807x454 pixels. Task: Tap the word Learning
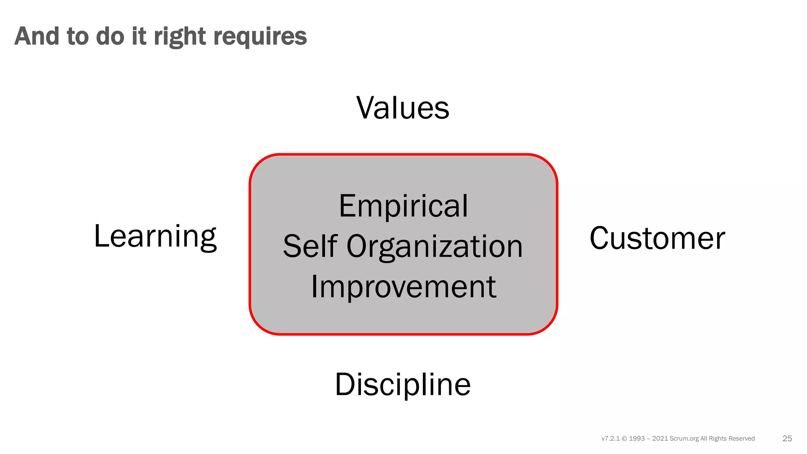pyautogui.click(x=155, y=236)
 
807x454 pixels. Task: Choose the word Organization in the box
pyautogui.click(x=435, y=247)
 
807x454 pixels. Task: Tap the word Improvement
pyautogui.click(x=403, y=287)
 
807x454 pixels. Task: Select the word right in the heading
pyautogui.click(x=180, y=37)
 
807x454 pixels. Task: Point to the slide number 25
pyautogui.click(x=787, y=439)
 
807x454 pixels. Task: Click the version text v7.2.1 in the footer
pyautogui.click(x=610, y=439)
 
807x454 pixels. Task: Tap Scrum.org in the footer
pyautogui.click(x=684, y=439)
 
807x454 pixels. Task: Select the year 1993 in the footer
pyautogui.click(x=637, y=439)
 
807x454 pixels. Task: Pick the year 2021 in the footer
pyautogui.click(x=660, y=439)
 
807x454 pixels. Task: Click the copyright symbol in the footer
pyautogui.click(x=624, y=439)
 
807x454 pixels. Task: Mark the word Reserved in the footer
pyautogui.click(x=741, y=439)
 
